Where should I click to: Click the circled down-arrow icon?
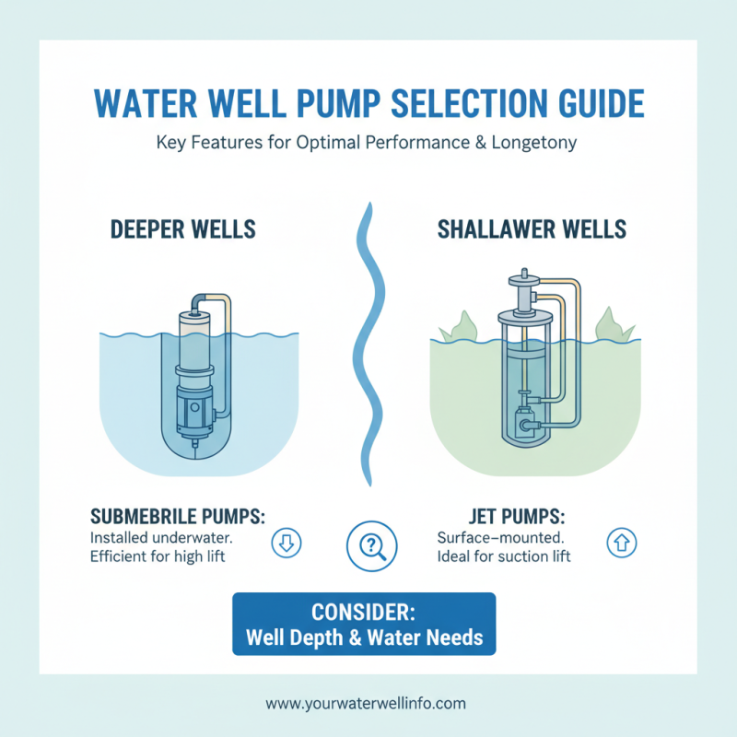pyautogui.click(x=285, y=544)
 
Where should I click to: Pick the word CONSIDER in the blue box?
pyautogui.click(x=364, y=613)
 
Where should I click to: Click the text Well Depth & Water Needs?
pyautogui.click(x=364, y=636)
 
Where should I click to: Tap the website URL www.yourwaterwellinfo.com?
pyautogui.click(x=366, y=703)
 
